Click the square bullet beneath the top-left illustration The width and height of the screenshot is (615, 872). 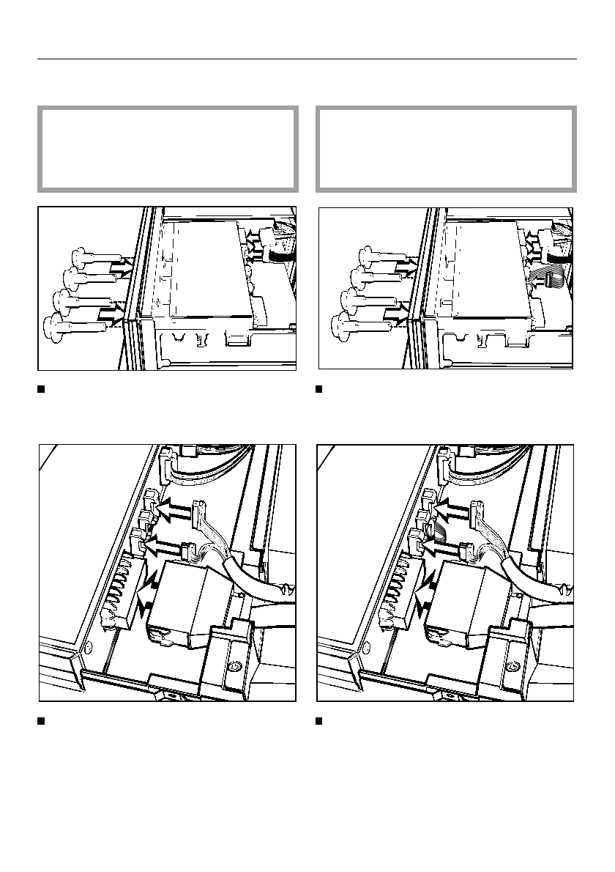click(42, 388)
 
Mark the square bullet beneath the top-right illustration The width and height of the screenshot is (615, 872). click(319, 388)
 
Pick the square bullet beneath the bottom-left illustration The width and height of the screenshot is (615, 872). click(42, 721)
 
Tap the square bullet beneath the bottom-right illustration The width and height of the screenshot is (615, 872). click(319, 721)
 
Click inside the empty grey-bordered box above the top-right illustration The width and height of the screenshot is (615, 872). click(445, 149)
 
